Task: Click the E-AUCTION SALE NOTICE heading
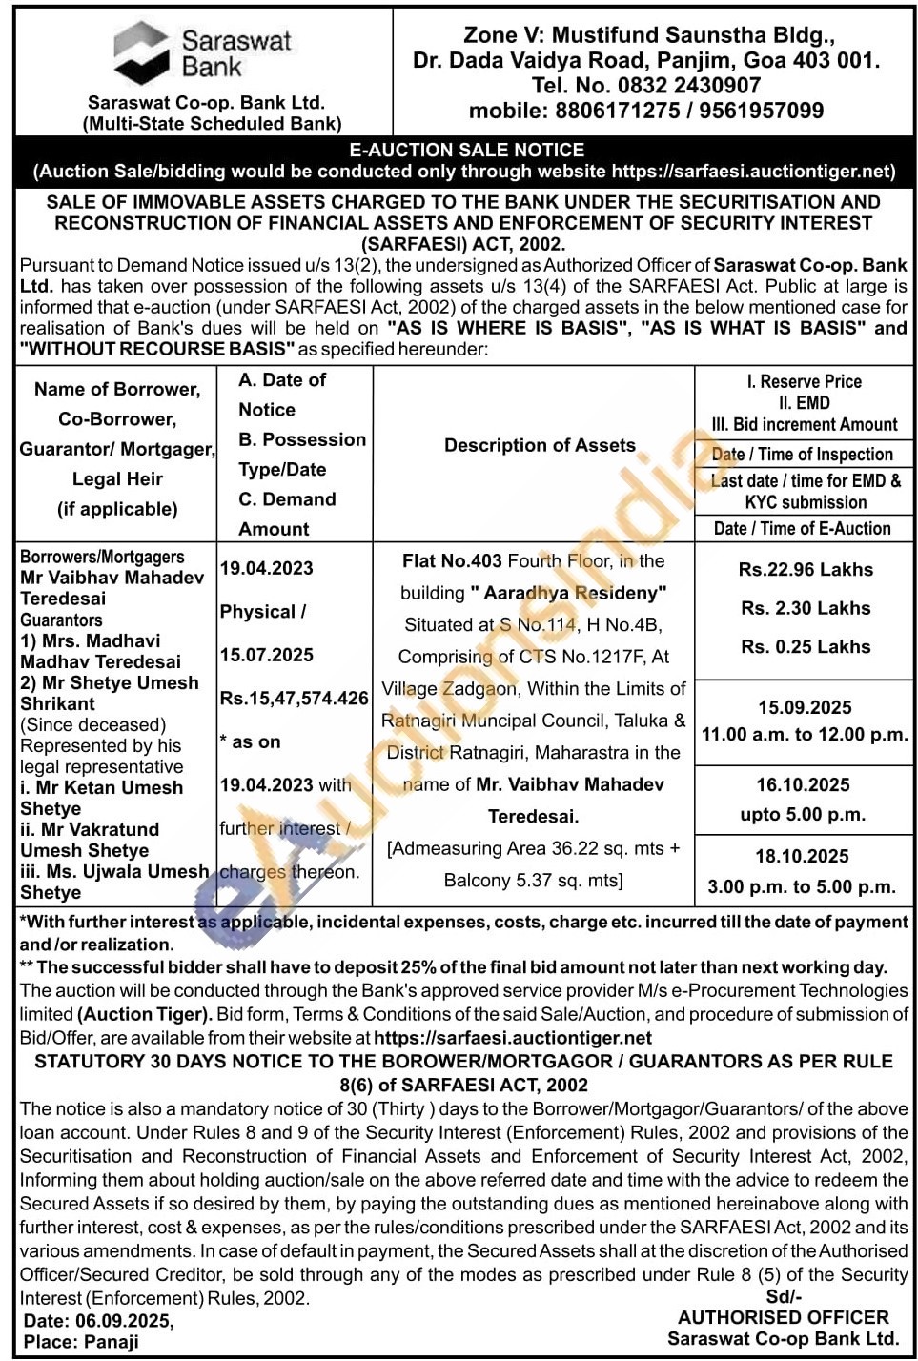[x=466, y=150]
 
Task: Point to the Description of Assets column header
[x=540, y=445]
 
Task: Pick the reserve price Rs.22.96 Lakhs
[x=806, y=569]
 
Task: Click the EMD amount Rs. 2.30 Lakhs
[x=806, y=608]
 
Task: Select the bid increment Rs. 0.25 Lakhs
[x=806, y=646]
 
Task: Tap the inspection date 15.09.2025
[x=805, y=707]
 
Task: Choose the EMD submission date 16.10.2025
[x=803, y=784]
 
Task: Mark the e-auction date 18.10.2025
[x=803, y=856]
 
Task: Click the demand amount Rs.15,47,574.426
[x=294, y=698]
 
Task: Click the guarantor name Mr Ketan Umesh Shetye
[x=100, y=798]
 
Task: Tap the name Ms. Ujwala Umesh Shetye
[x=112, y=882]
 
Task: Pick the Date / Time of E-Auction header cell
[x=802, y=528]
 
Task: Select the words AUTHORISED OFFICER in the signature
[x=783, y=1317]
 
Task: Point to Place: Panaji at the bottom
[x=81, y=1341]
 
